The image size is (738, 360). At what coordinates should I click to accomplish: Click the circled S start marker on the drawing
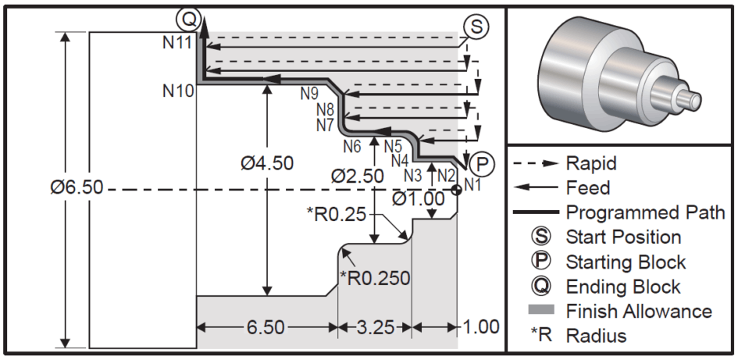click(475, 25)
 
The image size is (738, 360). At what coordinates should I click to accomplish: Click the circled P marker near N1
click(484, 163)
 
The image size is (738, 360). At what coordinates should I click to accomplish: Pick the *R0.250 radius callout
click(374, 276)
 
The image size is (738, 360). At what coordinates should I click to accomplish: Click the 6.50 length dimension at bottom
click(266, 327)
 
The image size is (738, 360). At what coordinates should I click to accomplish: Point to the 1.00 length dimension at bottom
click(479, 327)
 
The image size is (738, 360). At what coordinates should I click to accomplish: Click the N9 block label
click(310, 94)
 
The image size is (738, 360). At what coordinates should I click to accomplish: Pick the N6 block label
click(351, 145)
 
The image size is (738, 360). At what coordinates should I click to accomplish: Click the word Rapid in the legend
click(591, 163)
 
